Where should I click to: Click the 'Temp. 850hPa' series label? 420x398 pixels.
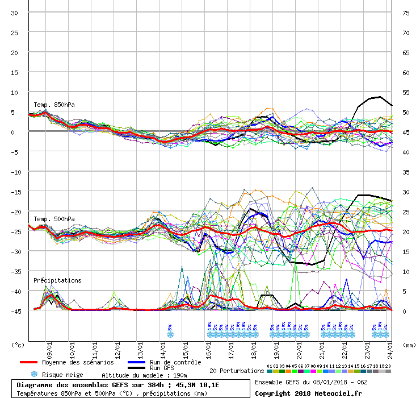54,105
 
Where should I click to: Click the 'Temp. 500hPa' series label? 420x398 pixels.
54,219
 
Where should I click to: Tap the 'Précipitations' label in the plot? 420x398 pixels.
57,280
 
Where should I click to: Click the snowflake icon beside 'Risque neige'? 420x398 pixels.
34,375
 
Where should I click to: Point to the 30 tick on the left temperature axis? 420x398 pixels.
15,13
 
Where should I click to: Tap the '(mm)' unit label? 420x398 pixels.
408,345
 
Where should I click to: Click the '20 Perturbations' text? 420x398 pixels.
237,371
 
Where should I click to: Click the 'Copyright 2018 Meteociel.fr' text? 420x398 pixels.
308,393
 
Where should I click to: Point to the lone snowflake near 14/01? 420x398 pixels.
170,334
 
